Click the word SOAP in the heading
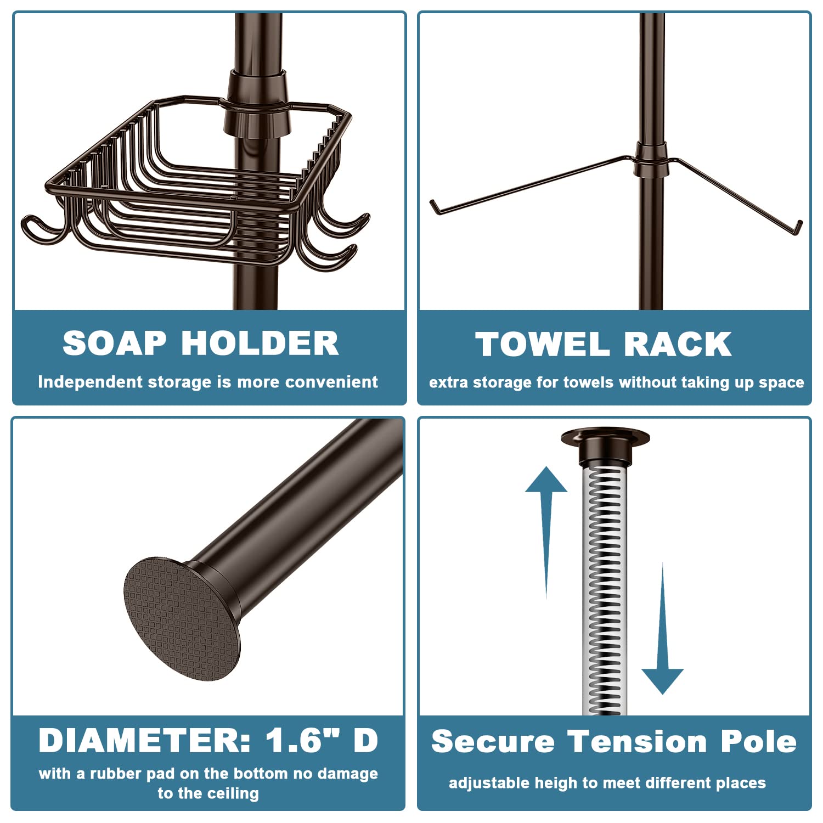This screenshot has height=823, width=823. [x=114, y=343]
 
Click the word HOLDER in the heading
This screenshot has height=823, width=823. [x=260, y=343]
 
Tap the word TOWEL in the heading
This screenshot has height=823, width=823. [x=543, y=345]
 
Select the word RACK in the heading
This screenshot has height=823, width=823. [x=678, y=345]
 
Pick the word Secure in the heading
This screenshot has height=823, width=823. [x=493, y=742]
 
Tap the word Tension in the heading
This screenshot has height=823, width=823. [x=637, y=742]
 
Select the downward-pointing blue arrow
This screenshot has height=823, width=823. [x=662, y=628]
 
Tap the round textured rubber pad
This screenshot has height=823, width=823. [x=182, y=619]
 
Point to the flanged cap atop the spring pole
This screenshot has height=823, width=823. [x=605, y=446]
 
